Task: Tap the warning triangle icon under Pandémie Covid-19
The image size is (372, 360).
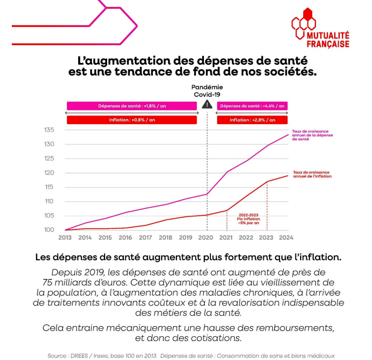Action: (207, 105)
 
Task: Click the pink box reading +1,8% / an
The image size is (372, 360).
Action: (132, 106)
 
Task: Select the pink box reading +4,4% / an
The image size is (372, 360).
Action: (252, 106)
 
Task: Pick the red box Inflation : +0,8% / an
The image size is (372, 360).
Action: (132, 120)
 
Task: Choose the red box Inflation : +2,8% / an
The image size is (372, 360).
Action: (252, 120)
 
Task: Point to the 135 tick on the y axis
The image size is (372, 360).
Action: (49, 130)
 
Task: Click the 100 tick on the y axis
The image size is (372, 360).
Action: (49, 230)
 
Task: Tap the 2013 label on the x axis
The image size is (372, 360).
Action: (65, 238)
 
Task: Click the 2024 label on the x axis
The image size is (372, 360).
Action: (286, 238)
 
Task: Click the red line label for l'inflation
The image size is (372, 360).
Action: (311, 174)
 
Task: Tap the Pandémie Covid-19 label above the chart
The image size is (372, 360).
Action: (207, 90)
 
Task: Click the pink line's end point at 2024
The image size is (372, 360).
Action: (287, 135)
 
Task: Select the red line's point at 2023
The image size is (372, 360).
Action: (267, 182)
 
